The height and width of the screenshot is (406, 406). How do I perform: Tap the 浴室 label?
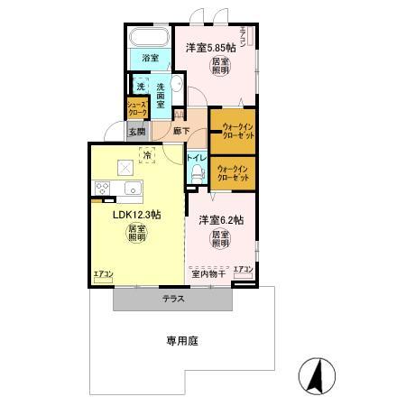151,60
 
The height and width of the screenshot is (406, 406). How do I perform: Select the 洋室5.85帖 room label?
210,47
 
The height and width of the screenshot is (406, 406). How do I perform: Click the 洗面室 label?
160,94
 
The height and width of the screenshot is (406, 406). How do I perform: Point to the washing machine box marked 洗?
141,88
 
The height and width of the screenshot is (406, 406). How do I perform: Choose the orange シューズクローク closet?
136,108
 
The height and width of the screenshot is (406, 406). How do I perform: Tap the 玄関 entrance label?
136,131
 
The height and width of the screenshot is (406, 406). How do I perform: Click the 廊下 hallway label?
180,131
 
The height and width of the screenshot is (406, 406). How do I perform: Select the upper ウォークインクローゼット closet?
232,129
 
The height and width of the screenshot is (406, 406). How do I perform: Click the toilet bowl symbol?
196,175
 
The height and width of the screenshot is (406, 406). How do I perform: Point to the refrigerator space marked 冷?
146,154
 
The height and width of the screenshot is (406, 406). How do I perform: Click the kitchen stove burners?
101,188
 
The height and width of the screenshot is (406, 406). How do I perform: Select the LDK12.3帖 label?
136,216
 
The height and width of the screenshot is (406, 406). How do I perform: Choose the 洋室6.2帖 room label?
220,220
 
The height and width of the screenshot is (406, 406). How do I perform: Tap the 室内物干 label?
209,272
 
